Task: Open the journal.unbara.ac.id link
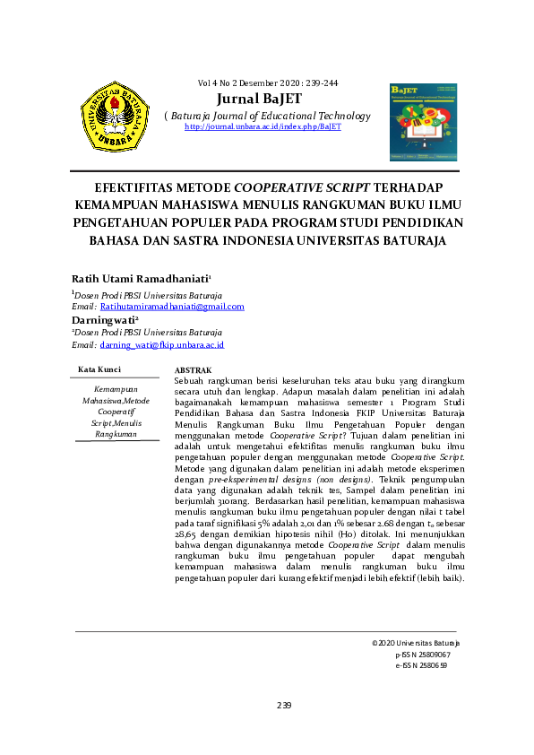pyautogui.click(x=263, y=127)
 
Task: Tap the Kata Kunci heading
pyautogui.click(x=99, y=369)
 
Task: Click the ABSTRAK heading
pyautogui.click(x=193, y=369)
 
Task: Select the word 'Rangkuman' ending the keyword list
pyautogui.click(x=116, y=434)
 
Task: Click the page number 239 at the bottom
pyautogui.click(x=284, y=706)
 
